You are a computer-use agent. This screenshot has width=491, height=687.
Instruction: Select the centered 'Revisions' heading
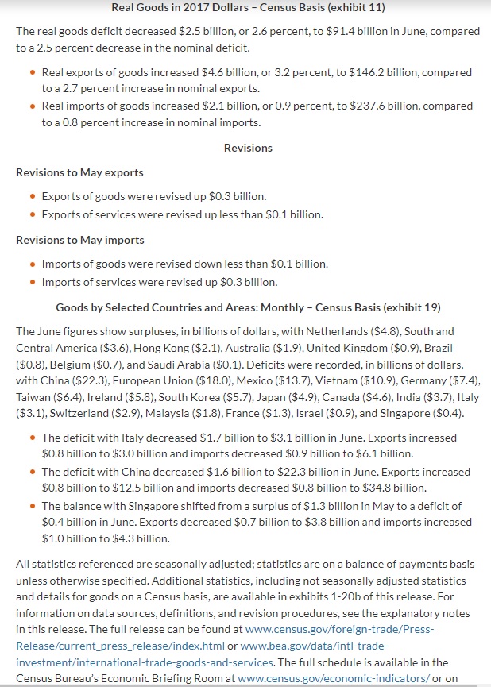coord(248,148)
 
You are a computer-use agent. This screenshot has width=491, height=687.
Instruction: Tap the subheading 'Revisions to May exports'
coord(79,172)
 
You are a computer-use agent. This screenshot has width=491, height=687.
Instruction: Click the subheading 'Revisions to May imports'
coord(79,240)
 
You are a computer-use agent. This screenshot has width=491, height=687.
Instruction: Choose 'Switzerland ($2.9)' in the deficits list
coord(56,414)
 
